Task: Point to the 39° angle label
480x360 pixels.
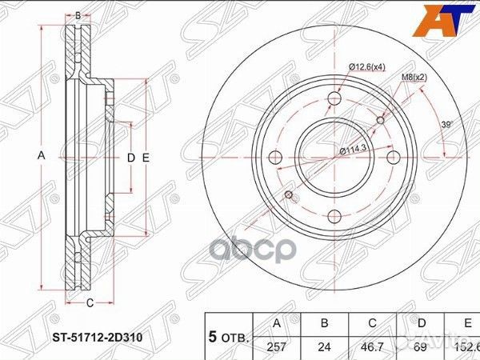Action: coord(447,125)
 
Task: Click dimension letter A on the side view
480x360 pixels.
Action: coord(41,158)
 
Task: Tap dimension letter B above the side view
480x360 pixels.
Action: coord(78,15)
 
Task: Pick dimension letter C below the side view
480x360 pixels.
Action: coord(90,302)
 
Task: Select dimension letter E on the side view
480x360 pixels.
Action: coord(146,158)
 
